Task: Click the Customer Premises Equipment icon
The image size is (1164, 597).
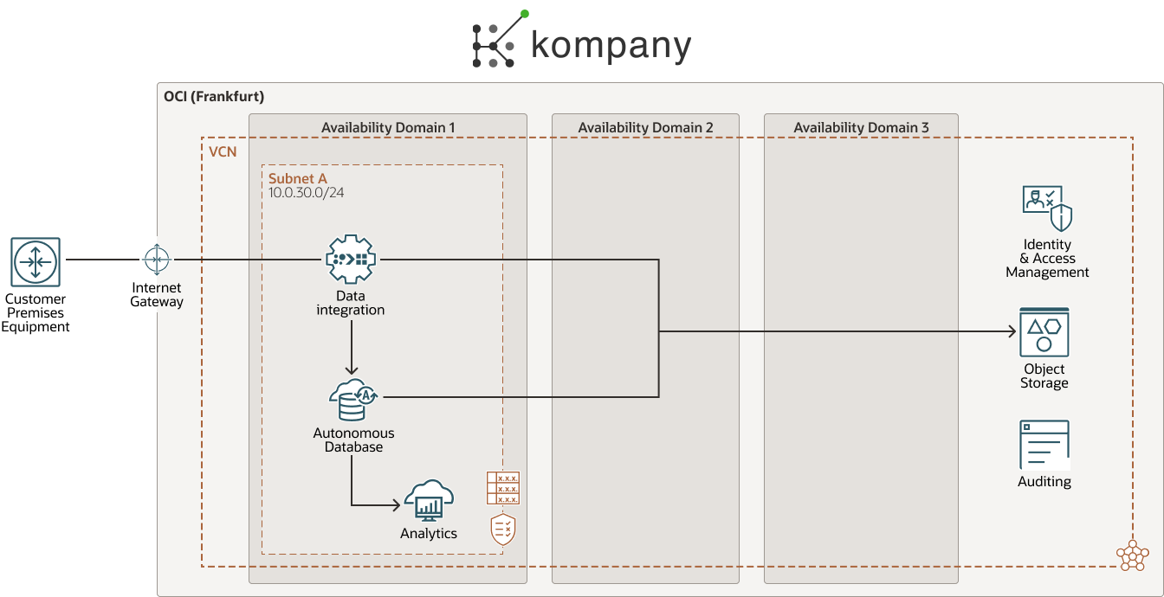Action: pyautogui.click(x=36, y=262)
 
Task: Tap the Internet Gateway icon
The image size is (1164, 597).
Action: pyautogui.click(x=157, y=259)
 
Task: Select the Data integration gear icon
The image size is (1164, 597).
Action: pyautogui.click(x=351, y=259)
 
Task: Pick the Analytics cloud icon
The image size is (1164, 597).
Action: pyautogui.click(x=429, y=500)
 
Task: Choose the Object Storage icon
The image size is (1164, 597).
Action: pyautogui.click(x=1044, y=332)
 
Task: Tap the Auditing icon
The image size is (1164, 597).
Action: pyautogui.click(x=1044, y=445)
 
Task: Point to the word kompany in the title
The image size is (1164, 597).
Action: pyautogui.click(x=611, y=46)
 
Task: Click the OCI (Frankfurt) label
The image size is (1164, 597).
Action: pyautogui.click(x=214, y=96)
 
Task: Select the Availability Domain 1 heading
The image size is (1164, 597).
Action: pyautogui.click(x=388, y=127)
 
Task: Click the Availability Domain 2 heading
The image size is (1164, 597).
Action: pyautogui.click(x=645, y=127)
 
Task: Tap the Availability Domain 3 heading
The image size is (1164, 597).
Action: pyautogui.click(x=861, y=127)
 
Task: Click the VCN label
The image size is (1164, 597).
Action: pyautogui.click(x=223, y=151)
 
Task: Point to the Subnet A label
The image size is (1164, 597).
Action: pyautogui.click(x=297, y=178)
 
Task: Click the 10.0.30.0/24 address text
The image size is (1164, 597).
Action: pyautogui.click(x=306, y=192)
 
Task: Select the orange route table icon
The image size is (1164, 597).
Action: pyautogui.click(x=502, y=488)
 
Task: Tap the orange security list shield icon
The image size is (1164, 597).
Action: pyautogui.click(x=503, y=530)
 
